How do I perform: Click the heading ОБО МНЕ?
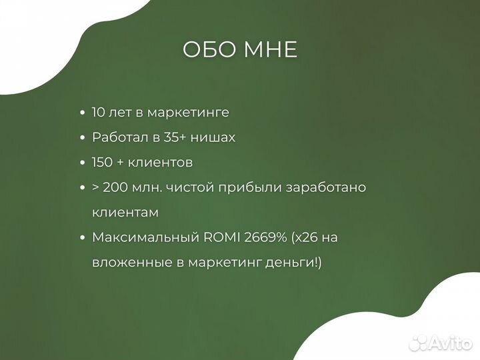coord(240,51)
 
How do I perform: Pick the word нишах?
coord(213,137)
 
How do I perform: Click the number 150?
coord(103,162)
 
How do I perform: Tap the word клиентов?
coord(161,162)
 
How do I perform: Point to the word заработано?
coord(326,187)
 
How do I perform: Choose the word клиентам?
coord(125,212)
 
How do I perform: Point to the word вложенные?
coord(127,263)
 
